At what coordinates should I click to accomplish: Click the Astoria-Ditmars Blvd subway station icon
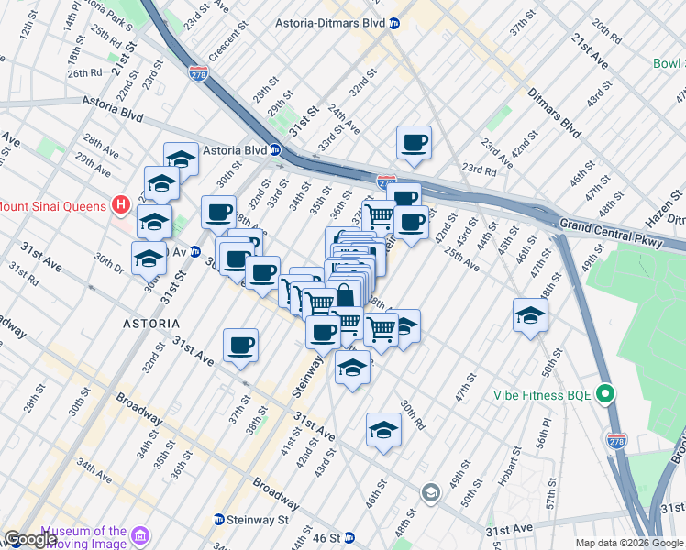tap(394, 23)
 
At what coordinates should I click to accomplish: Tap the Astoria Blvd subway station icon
tap(275, 150)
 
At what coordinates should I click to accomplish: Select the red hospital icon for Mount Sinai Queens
tap(119, 205)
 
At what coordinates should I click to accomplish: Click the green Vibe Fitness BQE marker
tap(604, 395)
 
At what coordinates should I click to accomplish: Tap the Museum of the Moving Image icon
tap(139, 535)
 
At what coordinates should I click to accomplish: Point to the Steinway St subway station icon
tap(218, 519)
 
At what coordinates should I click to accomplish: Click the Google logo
tap(30, 539)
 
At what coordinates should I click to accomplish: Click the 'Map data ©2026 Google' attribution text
tap(628, 543)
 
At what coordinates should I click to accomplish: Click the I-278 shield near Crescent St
tap(197, 72)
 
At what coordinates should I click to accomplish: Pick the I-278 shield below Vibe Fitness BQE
tap(618, 442)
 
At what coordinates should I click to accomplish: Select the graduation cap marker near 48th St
tap(530, 315)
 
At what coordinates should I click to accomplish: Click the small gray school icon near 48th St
tap(429, 494)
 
